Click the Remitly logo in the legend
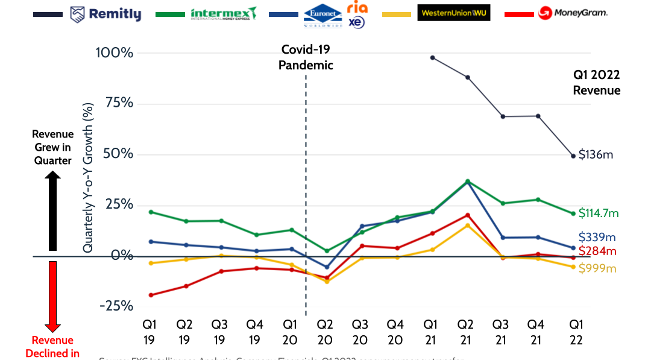[x=105, y=14]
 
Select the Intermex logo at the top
[x=224, y=13]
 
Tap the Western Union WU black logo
[x=453, y=13]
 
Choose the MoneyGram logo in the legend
[x=572, y=13]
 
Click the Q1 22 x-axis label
[x=576, y=332]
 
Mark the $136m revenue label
[x=596, y=154]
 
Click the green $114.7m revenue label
[x=599, y=213]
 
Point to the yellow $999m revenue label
[x=597, y=268]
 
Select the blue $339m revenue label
[x=597, y=237]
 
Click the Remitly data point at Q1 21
[x=432, y=58]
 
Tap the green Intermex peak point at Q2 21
[x=468, y=181]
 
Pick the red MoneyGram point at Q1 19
[x=150, y=295]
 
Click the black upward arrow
[x=52, y=210]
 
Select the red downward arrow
[x=52, y=296]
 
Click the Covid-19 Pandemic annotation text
[x=306, y=57]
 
